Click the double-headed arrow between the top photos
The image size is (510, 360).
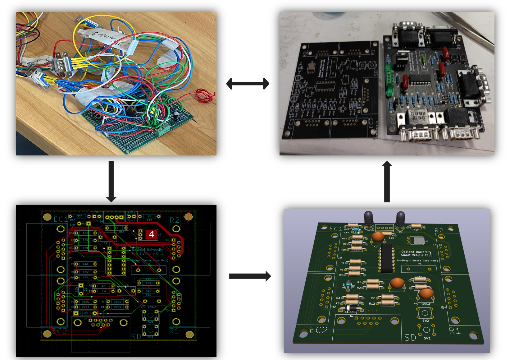(x=248, y=83)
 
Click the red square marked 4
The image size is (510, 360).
(x=152, y=234)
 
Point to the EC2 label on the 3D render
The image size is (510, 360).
(x=318, y=330)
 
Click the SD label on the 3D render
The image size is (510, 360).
(x=410, y=337)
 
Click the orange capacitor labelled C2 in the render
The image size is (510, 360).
(x=378, y=237)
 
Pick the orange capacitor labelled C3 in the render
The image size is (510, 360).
(x=426, y=293)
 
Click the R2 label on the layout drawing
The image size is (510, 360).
(x=175, y=220)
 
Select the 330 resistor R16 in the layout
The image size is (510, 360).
(x=80, y=216)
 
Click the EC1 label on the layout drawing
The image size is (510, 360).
(x=61, y=219)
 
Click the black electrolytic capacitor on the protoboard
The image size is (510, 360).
(x=176, y=115)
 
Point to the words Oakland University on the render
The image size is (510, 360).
(x=416, y=252)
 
